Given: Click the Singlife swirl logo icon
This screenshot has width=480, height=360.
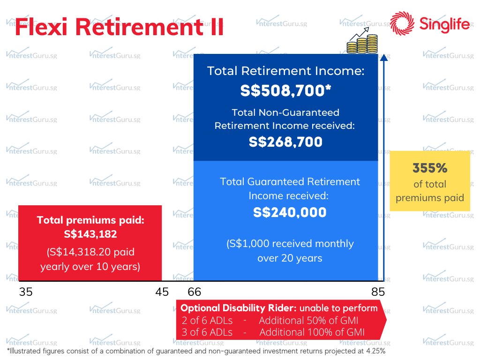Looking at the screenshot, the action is click(x=402, y=23).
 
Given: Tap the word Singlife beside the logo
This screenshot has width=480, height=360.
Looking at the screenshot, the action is click(x=444, y=24).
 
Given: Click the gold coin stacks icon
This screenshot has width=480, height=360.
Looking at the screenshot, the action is click(x=362, y=41).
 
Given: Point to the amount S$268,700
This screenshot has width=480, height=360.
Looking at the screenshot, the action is click(x=285, y=142).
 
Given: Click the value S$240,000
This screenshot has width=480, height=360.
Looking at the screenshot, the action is click(x=290, y=212).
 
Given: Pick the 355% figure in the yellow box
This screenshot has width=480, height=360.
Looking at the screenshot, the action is click(x=430, y=168).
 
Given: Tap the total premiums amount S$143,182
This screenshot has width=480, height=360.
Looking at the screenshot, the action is click(x=90, y=234).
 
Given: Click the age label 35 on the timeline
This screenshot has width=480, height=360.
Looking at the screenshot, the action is click(x=26, y=292).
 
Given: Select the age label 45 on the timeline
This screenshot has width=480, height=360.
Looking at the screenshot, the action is click(x=162, y=292).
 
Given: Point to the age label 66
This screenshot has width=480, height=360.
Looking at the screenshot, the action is click(x=195, y=292).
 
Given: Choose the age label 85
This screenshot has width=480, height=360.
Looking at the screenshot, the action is click(x=378, y=292).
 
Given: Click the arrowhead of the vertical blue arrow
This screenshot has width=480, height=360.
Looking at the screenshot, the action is click(x=384, y=57).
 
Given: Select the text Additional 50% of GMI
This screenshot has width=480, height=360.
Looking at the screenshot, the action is click(x=308, y=321).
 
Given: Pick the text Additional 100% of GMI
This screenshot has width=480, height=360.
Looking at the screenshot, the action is click(x=312, y=332).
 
